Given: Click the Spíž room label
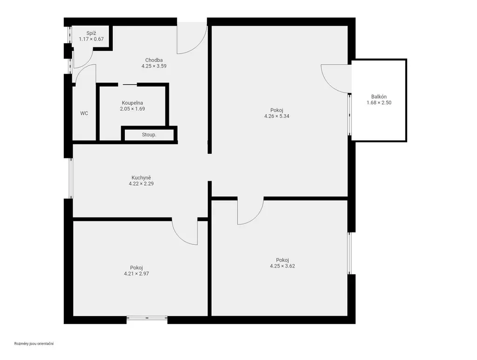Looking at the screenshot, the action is pos(91,33).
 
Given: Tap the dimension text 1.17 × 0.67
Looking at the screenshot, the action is pos(91,39).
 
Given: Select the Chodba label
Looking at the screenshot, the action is pos(154,60).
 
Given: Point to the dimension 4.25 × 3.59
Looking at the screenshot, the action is pos(154,66).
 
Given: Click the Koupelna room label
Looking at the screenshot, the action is pos(132,103).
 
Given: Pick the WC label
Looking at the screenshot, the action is pos(84,114).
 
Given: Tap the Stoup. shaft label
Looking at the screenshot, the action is pos(149,135).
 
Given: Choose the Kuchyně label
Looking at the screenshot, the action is pos(141,177).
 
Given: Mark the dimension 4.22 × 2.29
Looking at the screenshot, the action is pos(141,183).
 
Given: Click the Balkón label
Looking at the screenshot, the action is pos(379,97).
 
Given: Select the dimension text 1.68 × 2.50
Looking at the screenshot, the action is pos(379,103).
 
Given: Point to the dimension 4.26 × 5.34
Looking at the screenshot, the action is pos(277,116).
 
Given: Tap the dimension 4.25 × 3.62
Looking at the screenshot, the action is pos(282,266).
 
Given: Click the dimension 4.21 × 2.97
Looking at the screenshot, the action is pos(136,274).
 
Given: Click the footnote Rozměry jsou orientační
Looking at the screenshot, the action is pos(34,344).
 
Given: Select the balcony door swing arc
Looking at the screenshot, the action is pos(329,84).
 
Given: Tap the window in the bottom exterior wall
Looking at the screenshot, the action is pos(147,318).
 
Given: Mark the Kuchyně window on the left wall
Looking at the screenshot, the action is pos(71,178).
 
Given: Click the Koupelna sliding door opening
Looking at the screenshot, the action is pos(128,84).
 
